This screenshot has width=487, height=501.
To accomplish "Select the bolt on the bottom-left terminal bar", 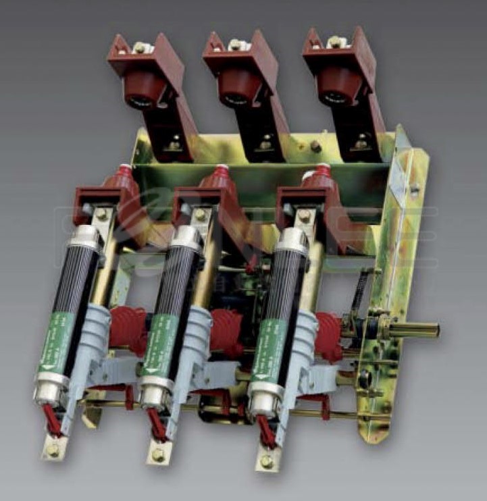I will [x=51, y=446].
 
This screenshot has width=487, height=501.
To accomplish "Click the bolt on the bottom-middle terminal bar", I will [x=157, y=454].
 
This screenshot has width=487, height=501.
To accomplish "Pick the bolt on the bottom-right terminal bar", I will [x=267, y=462].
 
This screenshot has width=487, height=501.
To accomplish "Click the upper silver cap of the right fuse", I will [x=293, y=241].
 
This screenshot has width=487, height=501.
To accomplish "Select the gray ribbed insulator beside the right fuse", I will [x=302, y=338].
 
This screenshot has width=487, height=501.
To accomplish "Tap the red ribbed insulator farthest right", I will [x=329, y=336].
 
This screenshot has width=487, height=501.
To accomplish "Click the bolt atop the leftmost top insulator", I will [x=140, y=47].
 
